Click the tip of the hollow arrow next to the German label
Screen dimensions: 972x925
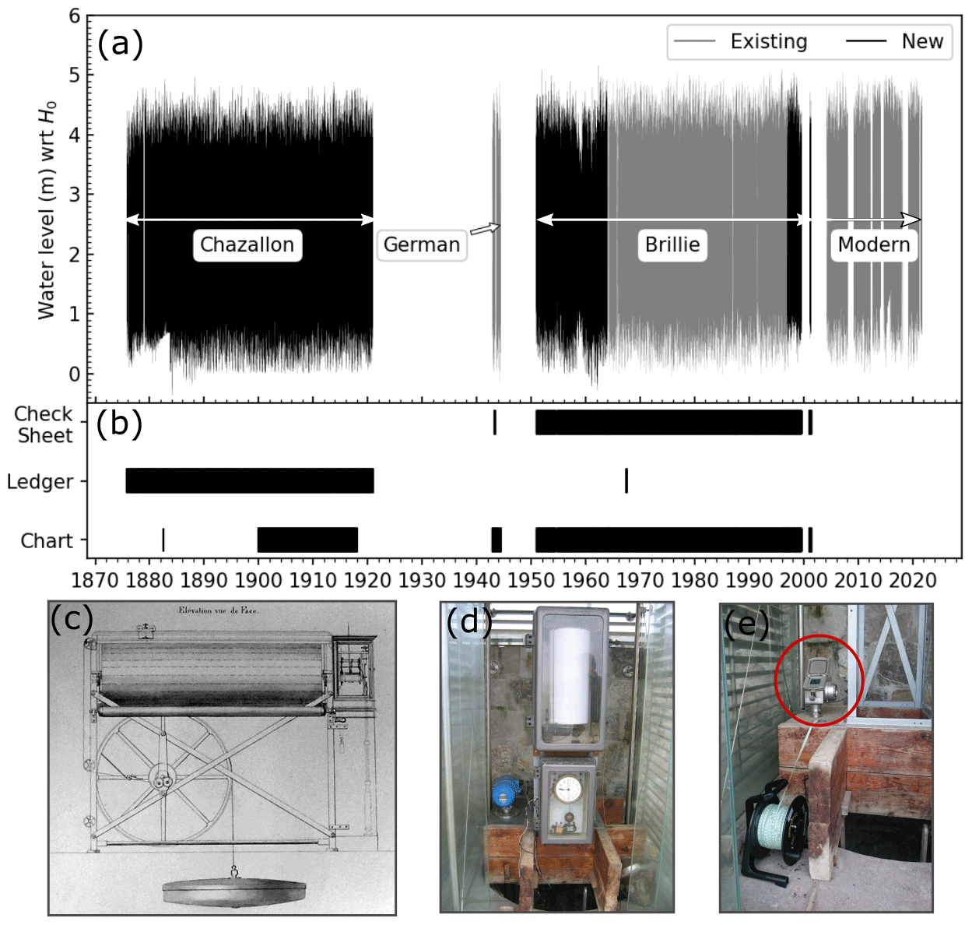(x=500, y=226)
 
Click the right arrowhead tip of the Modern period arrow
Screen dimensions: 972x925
(x=921, y=219)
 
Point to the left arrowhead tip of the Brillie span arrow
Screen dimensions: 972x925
(x=537, y=219)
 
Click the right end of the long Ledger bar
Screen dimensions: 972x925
(x=374, y=480)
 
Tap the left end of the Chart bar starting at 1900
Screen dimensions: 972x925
(x=258, y=540)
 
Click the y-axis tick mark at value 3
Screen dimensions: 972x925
(x=85, y=195)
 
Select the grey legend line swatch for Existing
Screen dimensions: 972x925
(x=694, y=41)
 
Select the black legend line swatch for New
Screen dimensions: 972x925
(x=865, y=41)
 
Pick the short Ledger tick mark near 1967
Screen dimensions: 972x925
(x=626, y=480)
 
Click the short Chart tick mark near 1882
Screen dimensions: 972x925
(x=163, y=540)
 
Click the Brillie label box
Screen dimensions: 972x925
(x=672, y=244)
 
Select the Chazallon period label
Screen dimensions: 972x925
(x=247, y=244)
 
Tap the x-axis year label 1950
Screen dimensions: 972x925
(x=532, y=580)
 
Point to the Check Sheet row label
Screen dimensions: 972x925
(x=44, y=424)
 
